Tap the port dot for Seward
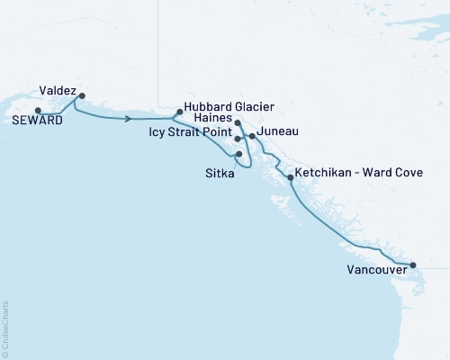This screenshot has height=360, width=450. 38,111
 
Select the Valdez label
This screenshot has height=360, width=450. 58,90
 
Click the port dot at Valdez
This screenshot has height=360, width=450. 82,95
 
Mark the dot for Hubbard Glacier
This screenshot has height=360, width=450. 180,112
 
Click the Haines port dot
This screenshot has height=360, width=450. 238,123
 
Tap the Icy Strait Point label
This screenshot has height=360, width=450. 190,131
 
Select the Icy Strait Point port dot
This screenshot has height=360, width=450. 238,139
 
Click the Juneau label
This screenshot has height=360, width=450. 278,131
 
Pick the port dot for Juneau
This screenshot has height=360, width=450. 252,137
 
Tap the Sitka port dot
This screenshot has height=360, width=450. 238,154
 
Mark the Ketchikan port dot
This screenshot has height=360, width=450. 290,177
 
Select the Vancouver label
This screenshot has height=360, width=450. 373,268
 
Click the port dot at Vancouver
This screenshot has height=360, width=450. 413,265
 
